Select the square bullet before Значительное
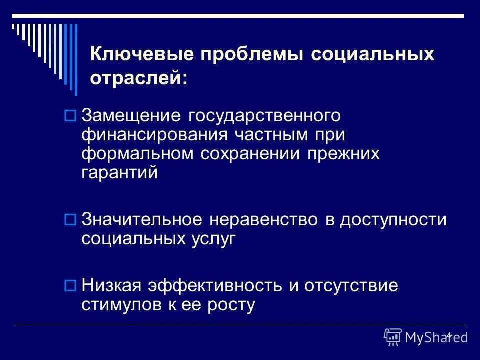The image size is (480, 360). click(x=70, y=219)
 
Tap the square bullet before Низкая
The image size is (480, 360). click(x=70, y=286)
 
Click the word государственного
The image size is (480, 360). click(x=264, y=116)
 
